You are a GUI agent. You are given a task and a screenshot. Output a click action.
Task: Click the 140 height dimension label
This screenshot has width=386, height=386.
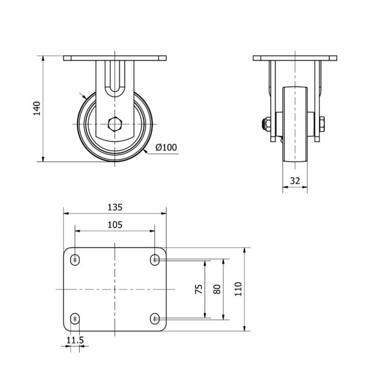pyautogui.click(x=37, y=109)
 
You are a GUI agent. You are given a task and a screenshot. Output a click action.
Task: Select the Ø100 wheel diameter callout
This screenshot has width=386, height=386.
pyautogui.click(x=166, y=147)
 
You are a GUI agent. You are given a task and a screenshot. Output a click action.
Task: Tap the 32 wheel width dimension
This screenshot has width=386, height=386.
pyautogui.click(x=295, y=181)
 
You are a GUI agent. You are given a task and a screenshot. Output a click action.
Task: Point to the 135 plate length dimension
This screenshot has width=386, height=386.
pyautogui.click(x=115, y=207)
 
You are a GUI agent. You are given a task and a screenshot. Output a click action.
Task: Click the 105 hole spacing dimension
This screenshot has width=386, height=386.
pyautogui.click(x=115, y=225)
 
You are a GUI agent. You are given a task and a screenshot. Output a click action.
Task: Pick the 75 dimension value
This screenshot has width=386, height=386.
pyautogui.click(x=199, y=289)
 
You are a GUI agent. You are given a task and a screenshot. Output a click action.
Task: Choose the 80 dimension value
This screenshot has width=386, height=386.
pyautogui.click(x=217, y=289)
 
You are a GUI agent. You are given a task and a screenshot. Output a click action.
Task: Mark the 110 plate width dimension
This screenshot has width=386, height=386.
pyautogui.click(x=238, y=289)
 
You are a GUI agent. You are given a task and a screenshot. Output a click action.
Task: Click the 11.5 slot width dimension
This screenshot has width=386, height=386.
pyautogui.click(x=75, y=340)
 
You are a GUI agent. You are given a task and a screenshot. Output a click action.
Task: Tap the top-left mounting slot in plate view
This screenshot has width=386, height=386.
pyautogui.click(x=75, y=259)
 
